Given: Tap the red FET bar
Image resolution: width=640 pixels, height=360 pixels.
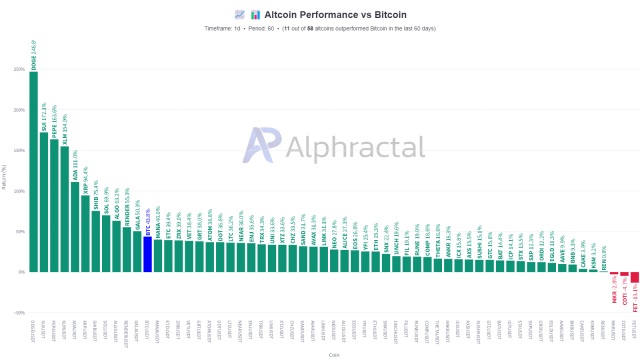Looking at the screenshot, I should (633, 277).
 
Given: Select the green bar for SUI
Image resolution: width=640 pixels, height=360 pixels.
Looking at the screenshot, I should (44, 201).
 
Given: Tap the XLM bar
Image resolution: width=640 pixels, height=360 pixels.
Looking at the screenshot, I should (65, 209).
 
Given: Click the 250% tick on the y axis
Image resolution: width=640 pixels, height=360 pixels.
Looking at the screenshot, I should (19, 69).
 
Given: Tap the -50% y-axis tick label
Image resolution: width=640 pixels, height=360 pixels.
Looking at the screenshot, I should (19, 312).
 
